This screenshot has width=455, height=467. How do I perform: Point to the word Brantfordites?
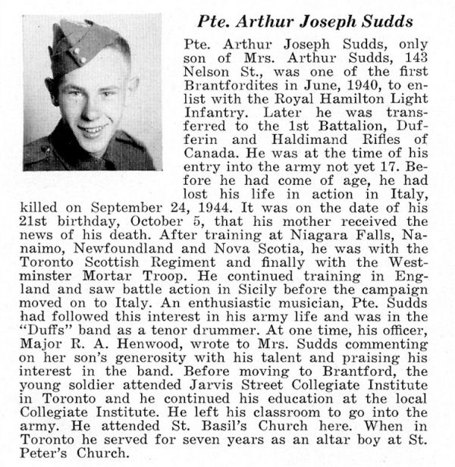(x=226, y=92)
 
